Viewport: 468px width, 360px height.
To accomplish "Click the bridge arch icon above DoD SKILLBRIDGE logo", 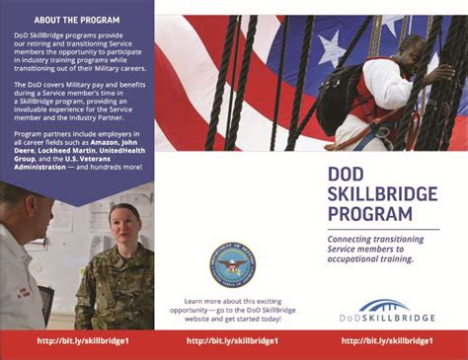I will click(x=385, y=305).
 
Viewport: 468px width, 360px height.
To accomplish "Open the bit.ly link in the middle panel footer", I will click(x=232, y=341).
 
